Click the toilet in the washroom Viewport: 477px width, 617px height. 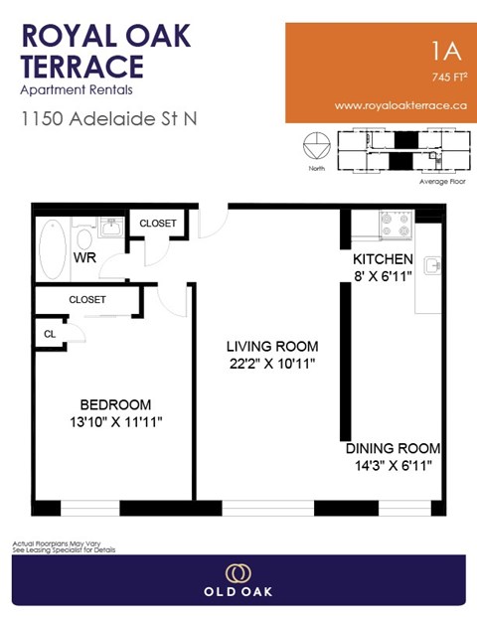pyautogui.click(x=84, y=239)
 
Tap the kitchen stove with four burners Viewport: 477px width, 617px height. pyautogui.click(x=396, y=227)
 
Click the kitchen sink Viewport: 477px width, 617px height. pyautogui.click(x=432, y=265)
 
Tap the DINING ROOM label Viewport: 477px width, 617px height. pyautogui.click(x=393, y=448)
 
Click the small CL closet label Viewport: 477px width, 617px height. pyautogui.click(x=50, y=335)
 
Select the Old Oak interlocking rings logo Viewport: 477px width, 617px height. pyautogui.click(x=238, y=573)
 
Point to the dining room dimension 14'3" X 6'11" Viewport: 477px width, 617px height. pyautogui.click(x=393, y=465)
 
